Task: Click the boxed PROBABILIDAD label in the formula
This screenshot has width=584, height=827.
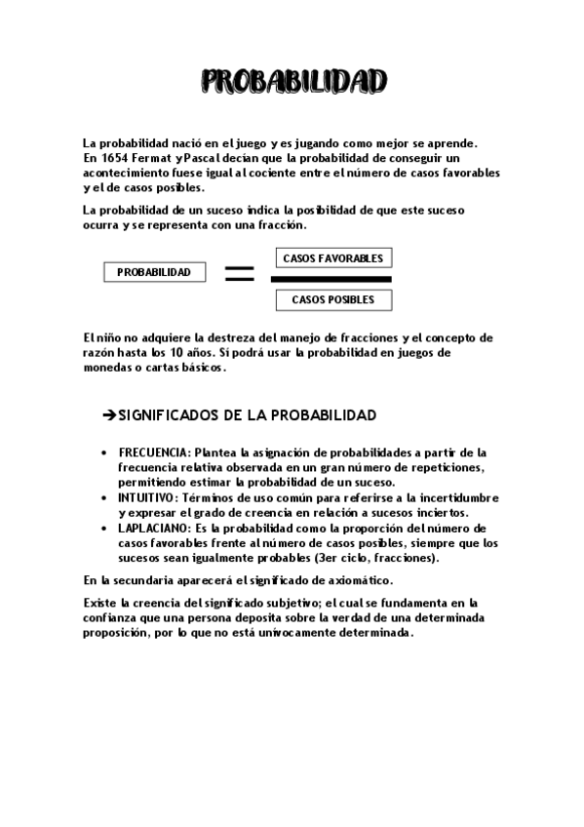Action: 154,272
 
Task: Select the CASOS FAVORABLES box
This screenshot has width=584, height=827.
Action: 332,258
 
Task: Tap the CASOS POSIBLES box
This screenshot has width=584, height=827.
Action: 332,299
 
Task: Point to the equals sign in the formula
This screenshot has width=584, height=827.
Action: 239,274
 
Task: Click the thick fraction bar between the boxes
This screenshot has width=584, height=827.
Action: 336,279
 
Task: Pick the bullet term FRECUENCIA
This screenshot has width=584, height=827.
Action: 155,453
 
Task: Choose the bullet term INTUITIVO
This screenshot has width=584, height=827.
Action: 149,497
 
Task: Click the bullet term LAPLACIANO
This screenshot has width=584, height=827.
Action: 155,528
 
